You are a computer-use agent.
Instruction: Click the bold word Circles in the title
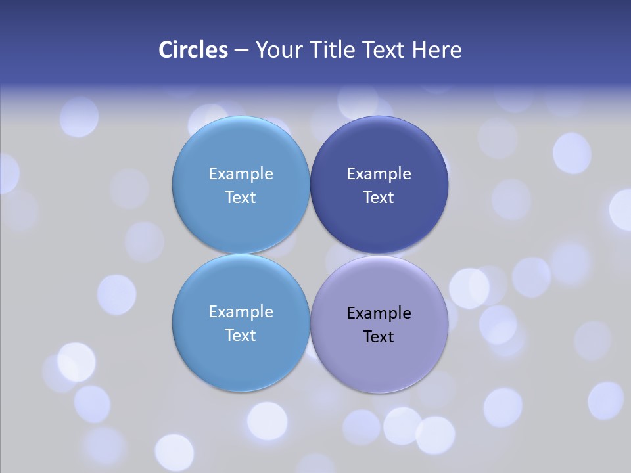tap(193, 50)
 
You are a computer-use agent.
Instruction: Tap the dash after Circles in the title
tap(241, 51)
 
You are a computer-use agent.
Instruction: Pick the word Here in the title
tap(437, 50)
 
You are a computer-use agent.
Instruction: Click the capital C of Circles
tap(165, 50)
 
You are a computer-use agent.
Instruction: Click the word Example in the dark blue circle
tap(379, 174)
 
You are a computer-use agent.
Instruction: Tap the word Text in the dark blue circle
tap(379, 198)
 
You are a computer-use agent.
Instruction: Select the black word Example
tap(379, 313)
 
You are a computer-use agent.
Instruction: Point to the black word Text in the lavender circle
tap(379, 337)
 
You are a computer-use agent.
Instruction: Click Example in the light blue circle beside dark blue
tap(241, 174)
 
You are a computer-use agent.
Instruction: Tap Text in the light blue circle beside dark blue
tap(241, 198)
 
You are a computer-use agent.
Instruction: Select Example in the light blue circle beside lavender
tap(241, 312)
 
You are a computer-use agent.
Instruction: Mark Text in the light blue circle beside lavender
tap(241, 336)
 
